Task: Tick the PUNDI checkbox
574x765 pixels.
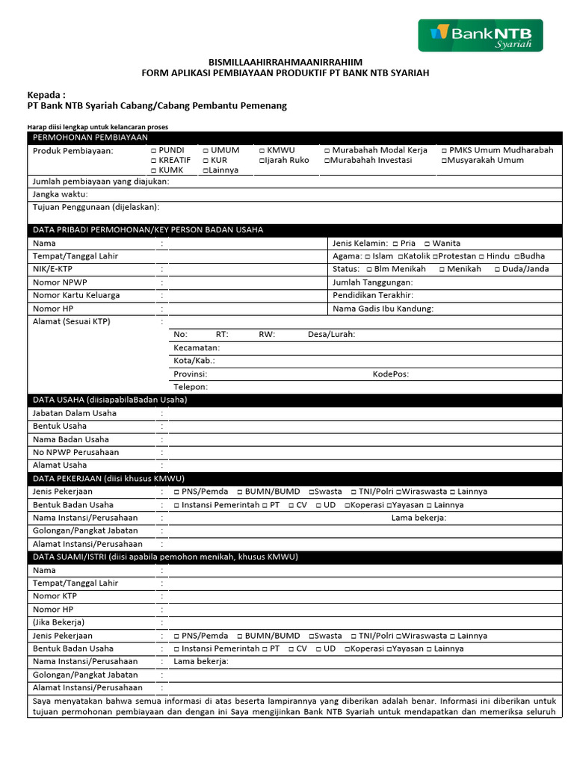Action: (153, 150)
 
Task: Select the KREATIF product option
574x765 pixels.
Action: (153, 161)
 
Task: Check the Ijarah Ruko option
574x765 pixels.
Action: (262, 161)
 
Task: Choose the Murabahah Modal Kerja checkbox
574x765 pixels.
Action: (327, 150)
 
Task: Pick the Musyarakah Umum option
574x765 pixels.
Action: (444, 161)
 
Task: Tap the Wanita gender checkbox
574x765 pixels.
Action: (427, 244)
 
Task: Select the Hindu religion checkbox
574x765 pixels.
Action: (481, 256)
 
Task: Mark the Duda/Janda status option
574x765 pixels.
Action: (497, 269)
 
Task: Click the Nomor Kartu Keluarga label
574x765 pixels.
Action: (75, 295)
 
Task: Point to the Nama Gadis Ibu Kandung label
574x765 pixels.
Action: (383, 309)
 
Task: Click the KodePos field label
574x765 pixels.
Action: (390, 374)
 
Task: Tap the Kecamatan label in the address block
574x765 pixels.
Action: (197, 348)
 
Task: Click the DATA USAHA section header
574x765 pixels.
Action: (109, 400)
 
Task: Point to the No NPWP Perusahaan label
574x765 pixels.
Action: (75, 452)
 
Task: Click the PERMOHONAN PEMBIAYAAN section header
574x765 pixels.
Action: (90, 137)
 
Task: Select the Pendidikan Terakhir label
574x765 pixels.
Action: (372, 295)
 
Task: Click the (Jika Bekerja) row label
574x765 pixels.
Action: (58, 622)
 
